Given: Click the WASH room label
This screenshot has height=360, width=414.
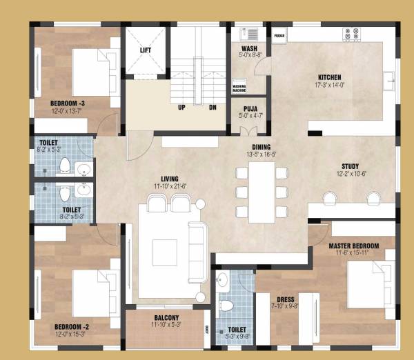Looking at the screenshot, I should (x=249, y=48).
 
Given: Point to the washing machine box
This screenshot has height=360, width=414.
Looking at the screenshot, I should (x=239, y=87).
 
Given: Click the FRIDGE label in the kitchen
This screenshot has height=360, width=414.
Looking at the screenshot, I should (x=279, y=34).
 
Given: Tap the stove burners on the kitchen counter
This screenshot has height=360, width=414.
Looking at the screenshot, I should (x=350, y=32).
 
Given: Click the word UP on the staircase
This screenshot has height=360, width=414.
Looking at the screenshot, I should (x=181, y=108).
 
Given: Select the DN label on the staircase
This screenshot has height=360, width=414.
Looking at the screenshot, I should (x=213, y=108).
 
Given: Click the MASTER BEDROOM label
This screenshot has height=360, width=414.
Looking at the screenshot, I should (x=354, y=246).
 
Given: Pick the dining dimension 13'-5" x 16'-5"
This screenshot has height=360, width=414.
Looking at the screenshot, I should (x=260, y=155).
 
